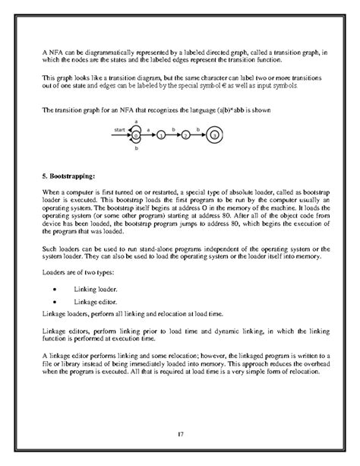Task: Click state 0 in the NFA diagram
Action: point(136,135)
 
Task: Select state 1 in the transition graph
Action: point(162,135)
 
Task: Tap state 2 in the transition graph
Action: point(187,135)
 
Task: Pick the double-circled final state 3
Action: point(215,135)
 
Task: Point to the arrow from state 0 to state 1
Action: point(149,135)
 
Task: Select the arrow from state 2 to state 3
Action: point(201,135)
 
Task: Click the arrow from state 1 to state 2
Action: point(174,135)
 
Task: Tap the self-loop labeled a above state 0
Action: point(136,124)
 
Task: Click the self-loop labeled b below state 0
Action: point(136,145)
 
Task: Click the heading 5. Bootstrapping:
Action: point(67,173)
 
